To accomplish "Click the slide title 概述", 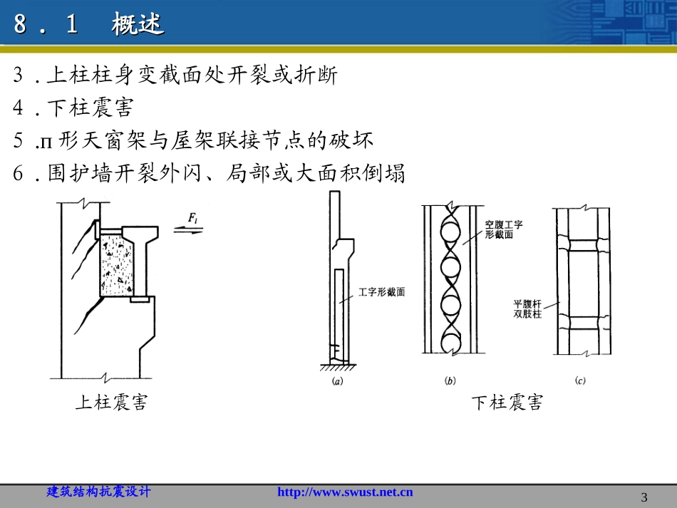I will coord(138,26).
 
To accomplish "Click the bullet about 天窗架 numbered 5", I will coord(192,140).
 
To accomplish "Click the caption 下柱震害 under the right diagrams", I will coord(507,403).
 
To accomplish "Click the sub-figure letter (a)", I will coord(338,381).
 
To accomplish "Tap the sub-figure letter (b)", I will coord(450,381).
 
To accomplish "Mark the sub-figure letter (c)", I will coord(580,381).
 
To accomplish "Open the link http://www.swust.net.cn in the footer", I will coord(344,492).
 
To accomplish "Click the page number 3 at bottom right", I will coord(644,497).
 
